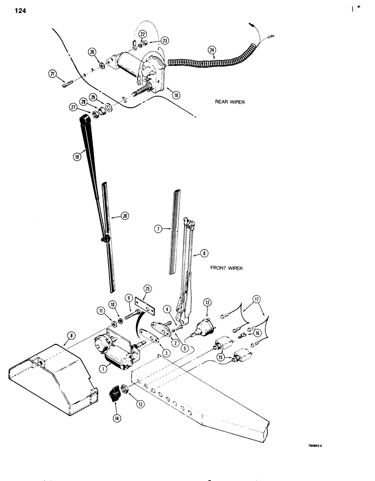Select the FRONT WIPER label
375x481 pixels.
(226, 268)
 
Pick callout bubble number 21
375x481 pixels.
(52, 73)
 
